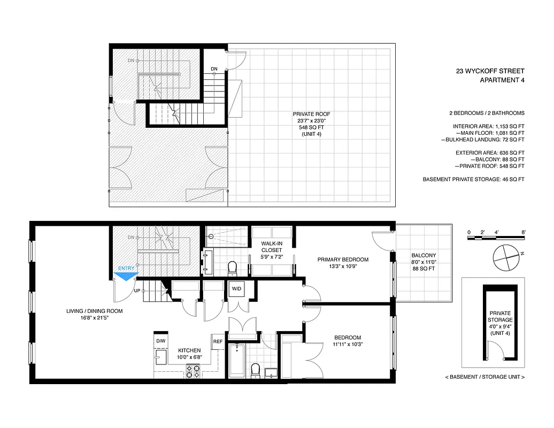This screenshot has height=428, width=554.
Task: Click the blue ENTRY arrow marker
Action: click(x=126, y=276)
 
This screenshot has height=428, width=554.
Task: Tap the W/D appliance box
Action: click(x=236, y=289)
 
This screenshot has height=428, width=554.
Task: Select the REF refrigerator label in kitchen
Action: click(x=218, y=341)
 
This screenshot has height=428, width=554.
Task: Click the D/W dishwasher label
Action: click(x=160, y=341)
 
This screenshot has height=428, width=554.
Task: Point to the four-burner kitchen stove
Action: click(x=193, y=371)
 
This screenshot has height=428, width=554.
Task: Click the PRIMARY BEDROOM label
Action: click(x=343, y=260)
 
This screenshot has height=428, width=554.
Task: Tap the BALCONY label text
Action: click(x=424, y=255)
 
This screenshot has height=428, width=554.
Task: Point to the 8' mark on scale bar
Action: click(x=524, y=232)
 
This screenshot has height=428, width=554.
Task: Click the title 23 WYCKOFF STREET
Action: click(x=490, y=71)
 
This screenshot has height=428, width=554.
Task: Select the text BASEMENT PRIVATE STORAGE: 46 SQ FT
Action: click(x=473, y=179)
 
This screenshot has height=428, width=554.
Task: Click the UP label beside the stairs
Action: click(x=136, y=292)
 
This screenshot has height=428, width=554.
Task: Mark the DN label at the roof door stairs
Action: click(x=214, y=69)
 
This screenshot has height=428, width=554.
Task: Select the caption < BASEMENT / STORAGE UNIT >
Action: click(x=484, y=377)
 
